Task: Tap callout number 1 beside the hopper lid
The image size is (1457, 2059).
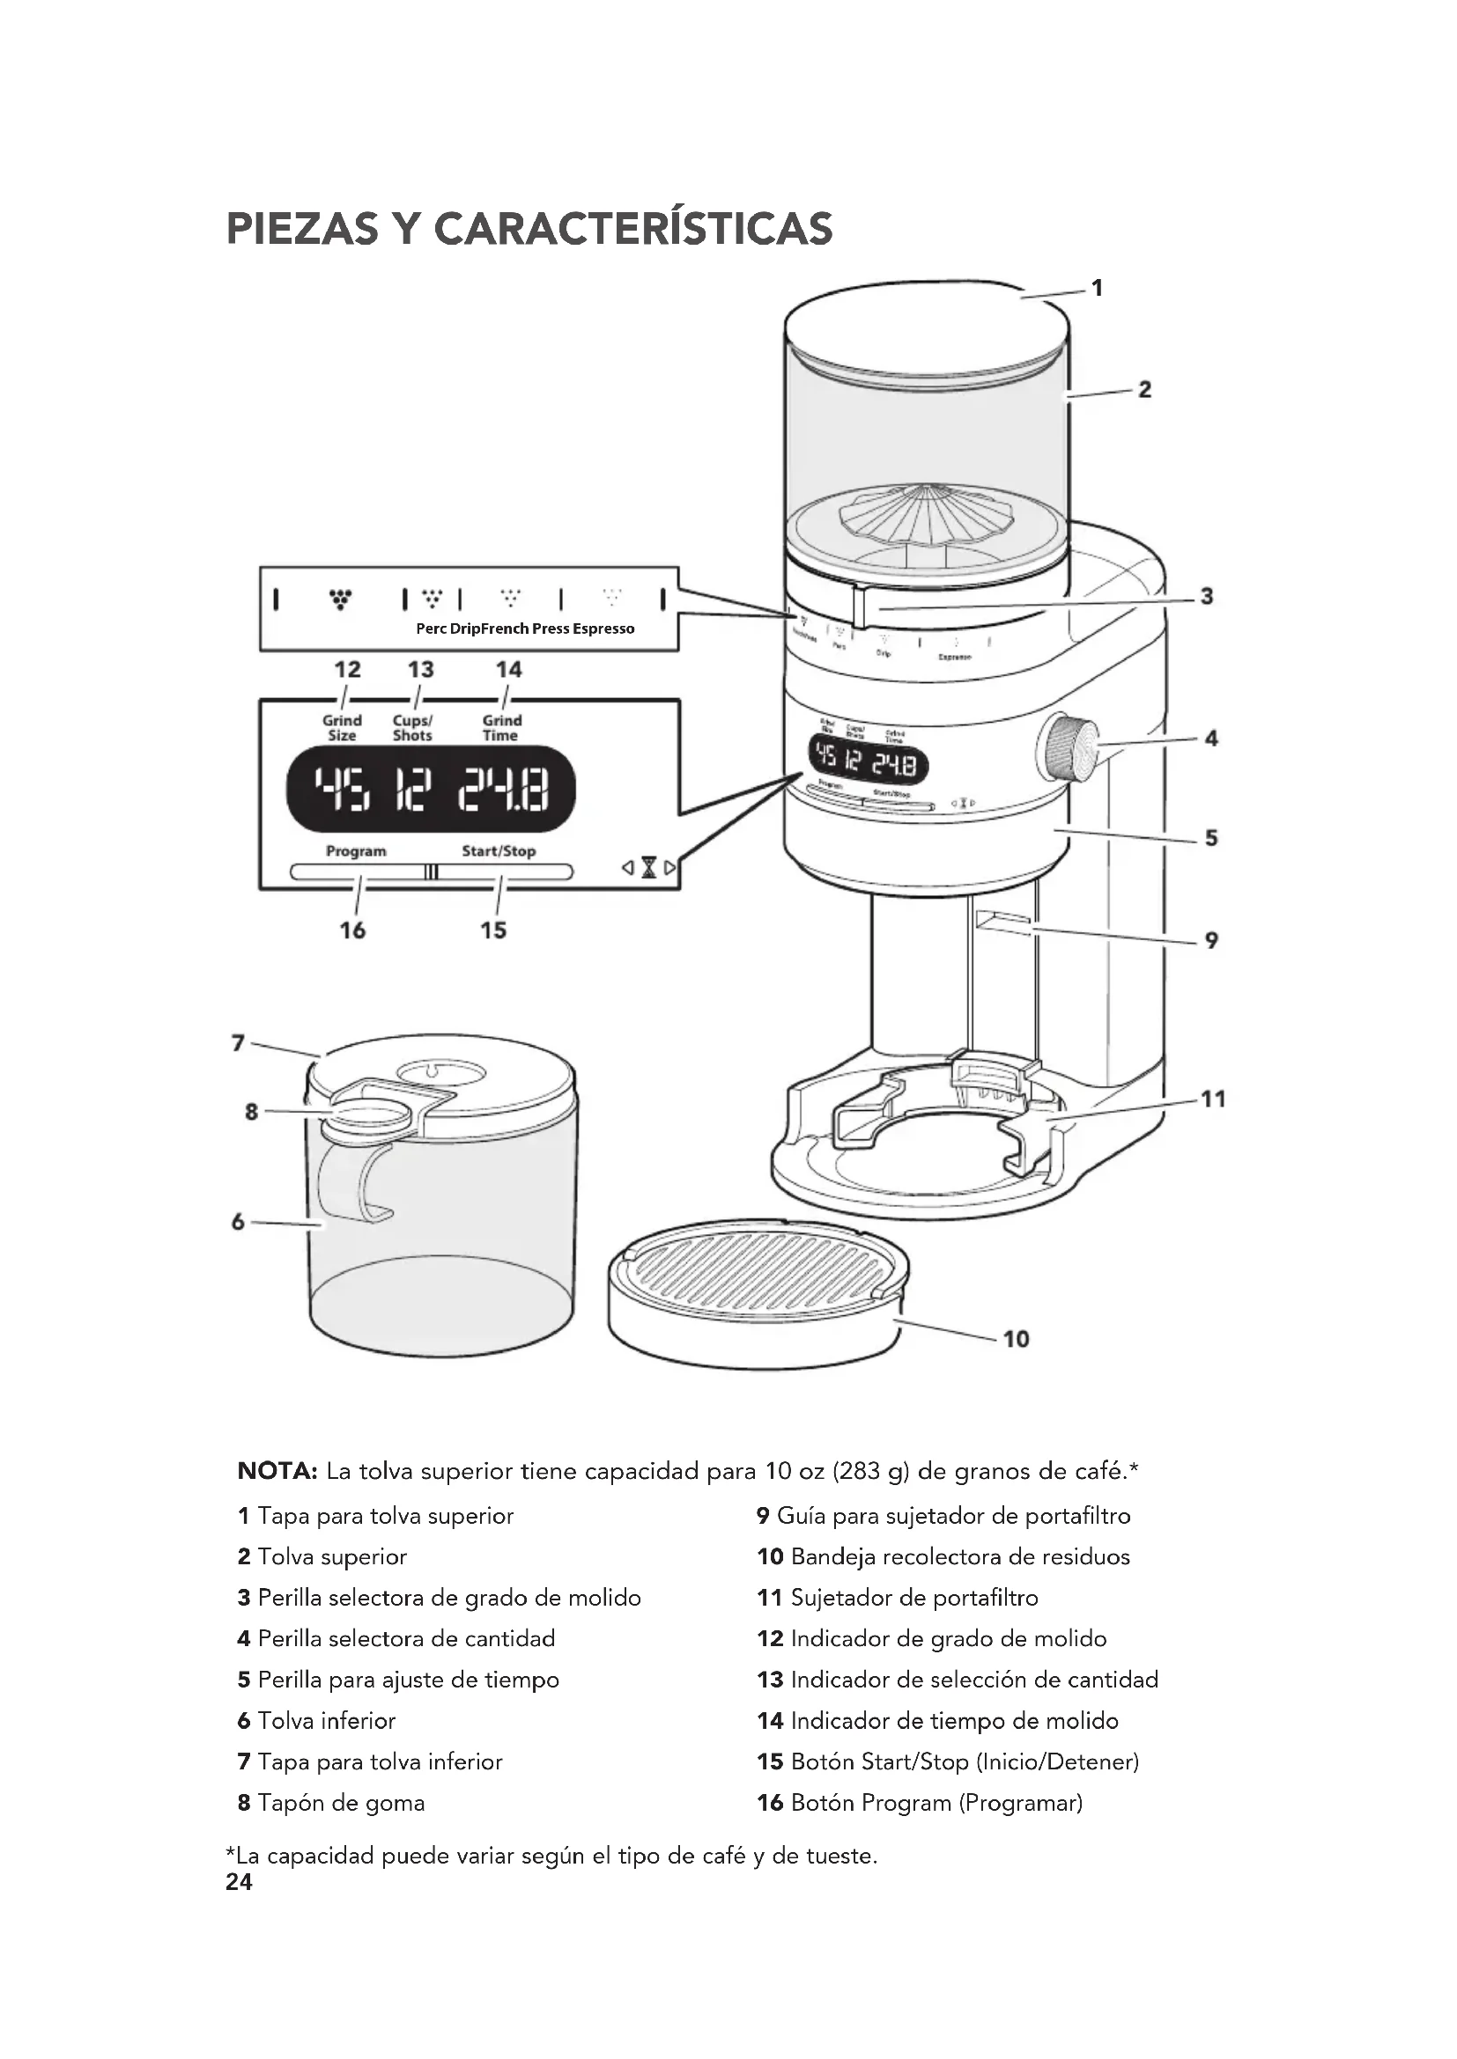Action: point(1097,288)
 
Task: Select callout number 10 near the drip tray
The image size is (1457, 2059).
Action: point(1016,1339)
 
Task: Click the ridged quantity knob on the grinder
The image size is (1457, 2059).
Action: point(1070,747)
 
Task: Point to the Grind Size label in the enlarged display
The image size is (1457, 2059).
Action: point(342,727)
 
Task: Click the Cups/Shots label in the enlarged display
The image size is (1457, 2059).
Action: point(412,727)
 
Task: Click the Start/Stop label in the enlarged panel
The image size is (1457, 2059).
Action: point(499,851)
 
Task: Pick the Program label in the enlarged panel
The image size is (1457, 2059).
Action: point(356,851)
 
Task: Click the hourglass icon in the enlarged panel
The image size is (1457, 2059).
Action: point(649,868)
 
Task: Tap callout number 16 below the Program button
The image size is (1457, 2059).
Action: point(352,930)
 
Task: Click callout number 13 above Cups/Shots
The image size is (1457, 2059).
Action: point(421,670)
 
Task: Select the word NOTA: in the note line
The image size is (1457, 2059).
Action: point(277,1471)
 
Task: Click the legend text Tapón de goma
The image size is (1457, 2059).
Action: point(341,1803)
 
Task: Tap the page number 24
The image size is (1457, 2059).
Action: point(240,1882)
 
